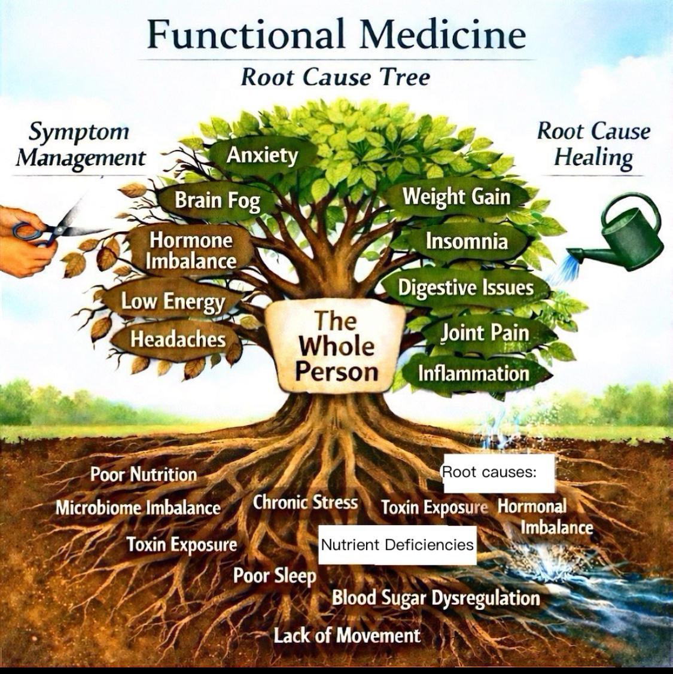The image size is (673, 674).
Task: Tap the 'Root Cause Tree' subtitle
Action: tap(335, 78)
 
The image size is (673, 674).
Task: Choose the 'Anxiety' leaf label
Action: tap(262, 155)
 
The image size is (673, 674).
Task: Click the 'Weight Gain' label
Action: tap(456, 196)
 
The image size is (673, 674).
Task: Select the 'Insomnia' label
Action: tap(467, 241)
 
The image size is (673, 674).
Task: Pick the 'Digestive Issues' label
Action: tap(465, 288)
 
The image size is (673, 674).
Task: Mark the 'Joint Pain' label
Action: tap(485, 332)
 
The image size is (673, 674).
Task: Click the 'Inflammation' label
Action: tap(473, 374)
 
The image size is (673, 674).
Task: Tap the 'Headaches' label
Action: tap(178, 339)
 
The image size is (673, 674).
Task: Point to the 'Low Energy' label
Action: tap(173, 301)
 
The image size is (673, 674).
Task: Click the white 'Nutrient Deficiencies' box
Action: tap(397, 545)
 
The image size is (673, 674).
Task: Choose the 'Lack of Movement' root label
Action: tap(347, 635)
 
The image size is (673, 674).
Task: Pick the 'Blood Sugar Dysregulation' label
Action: tap(436, 597)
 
